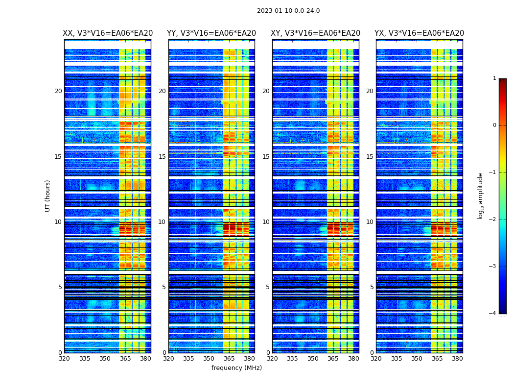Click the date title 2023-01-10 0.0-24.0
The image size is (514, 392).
(288, 11)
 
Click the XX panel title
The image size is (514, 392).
(108, 33)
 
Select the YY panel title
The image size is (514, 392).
(211, 33)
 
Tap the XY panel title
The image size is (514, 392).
(316, 33)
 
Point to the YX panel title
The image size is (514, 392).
(420, 33)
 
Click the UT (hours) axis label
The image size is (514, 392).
(48, 196)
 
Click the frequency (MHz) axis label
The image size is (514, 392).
(236, 368)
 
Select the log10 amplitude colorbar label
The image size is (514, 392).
(480, 196)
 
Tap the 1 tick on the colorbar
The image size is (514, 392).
(494, 78)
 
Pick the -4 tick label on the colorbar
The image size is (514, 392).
(493, 314)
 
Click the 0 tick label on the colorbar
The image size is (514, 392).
(494, 125)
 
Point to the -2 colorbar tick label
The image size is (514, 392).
(493, 220)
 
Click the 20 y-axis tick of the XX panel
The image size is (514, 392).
(58, 91)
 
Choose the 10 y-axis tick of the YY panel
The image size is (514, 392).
(162, 222)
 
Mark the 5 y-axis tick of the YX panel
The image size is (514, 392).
(372, 287)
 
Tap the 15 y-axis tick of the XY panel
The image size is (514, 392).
(266, 157)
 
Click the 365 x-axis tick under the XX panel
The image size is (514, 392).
(125, 359)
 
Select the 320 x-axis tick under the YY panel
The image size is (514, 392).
(168, 359)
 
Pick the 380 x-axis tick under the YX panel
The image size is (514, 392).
(457, 359)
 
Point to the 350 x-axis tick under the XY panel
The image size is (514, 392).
(313, 359)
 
